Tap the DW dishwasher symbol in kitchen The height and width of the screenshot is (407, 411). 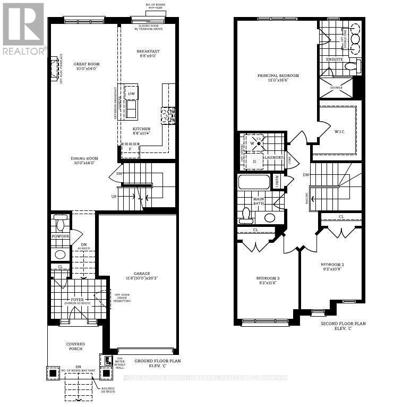(x=131, y=94)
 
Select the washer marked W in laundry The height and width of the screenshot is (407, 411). (x=253, y=143)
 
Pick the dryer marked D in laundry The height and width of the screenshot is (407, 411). (x=254, y=161)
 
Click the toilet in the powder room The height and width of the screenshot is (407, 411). (x=60, y=223)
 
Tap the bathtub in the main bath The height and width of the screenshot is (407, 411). (x=254, y=182)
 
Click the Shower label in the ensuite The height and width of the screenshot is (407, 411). (x=336, y=88)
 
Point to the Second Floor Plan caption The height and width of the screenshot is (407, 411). (x=344, y=326)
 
